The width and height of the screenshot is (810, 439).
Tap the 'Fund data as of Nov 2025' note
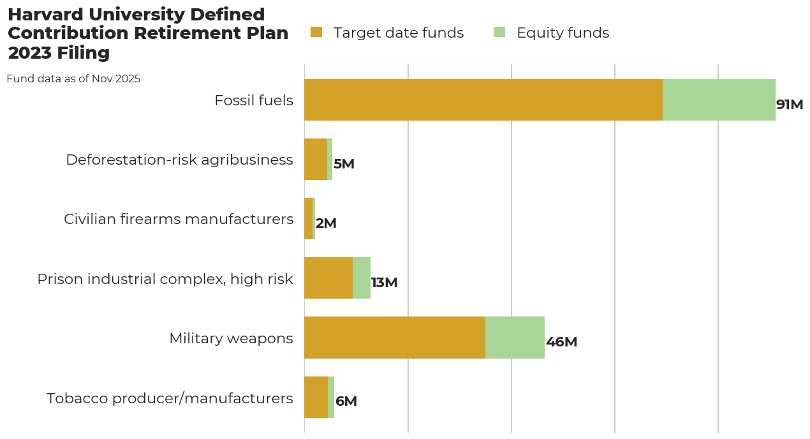click(73, 79)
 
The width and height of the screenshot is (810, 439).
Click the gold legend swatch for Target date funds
click(316, 33)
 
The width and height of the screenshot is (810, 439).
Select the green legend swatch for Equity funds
click(499, 33)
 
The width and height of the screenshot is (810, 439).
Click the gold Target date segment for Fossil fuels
click(483, 100)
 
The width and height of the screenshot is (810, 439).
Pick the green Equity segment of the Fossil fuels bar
click(719, 100)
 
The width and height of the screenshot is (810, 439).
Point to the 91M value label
click(790, 105)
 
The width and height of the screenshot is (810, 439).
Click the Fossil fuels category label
click(254, 100)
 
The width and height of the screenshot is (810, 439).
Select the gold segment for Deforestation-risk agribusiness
click(316, 160)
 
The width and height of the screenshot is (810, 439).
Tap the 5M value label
click(344, 164)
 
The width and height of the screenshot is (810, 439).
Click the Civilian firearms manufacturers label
click(179, 219)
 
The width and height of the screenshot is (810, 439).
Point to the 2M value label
click(326, 223)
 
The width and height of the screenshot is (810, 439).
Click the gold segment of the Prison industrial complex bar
click(328, 278)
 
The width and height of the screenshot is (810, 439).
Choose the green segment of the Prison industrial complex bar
click(362, 278)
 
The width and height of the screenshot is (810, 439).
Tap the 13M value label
click(385, 283)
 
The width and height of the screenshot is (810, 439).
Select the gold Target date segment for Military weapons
click(395, 338)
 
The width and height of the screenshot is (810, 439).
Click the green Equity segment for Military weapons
click(515, 338)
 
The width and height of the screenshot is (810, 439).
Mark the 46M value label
click(562, 342)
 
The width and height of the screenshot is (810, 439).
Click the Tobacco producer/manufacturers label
click(170, 398)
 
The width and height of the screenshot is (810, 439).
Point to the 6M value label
click(346, 401)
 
